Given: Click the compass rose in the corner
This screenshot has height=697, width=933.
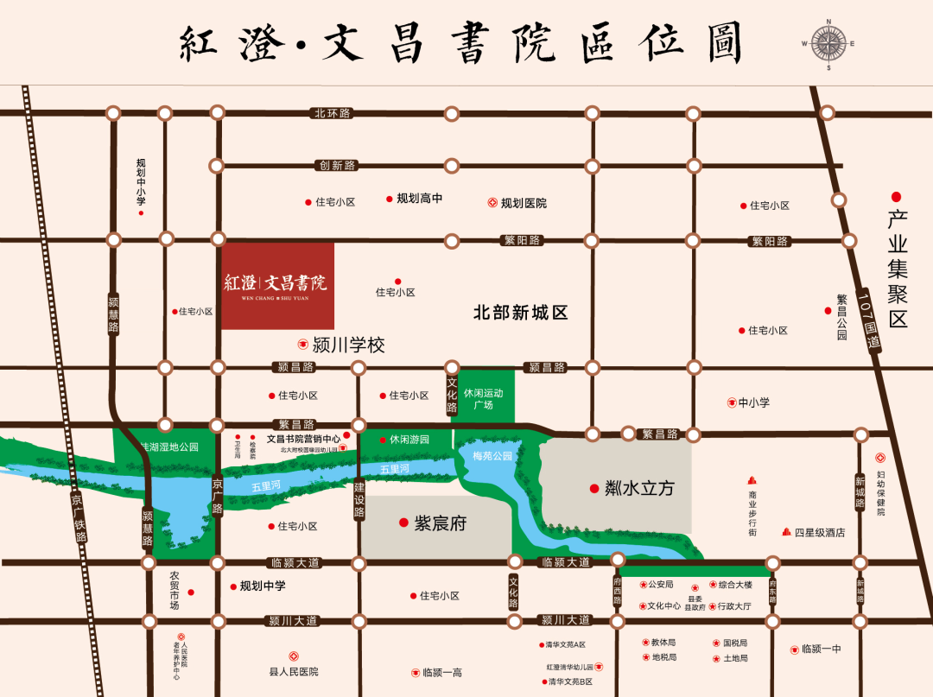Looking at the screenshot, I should click(828, 42).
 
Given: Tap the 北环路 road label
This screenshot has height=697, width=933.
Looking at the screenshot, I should click(333, 113).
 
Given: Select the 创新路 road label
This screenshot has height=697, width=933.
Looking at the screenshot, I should click(337, 165).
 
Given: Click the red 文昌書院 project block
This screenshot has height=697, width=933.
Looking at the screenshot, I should click(277, 285).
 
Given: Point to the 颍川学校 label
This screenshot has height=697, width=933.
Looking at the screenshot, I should click(347, 345).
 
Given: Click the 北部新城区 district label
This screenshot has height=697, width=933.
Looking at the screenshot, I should click(520, 313).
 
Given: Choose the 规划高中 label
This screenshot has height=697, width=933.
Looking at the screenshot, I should click(420, 198).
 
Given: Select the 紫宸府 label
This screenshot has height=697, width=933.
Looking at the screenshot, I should click(440, 523).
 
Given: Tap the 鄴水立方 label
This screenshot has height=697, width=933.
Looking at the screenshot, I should click(638, 489).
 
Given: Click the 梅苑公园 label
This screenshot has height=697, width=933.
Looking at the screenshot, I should click(492, 455).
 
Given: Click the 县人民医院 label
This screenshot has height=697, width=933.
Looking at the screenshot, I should click(294, 671).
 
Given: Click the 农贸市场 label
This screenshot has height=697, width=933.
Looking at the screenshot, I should click(175, 590).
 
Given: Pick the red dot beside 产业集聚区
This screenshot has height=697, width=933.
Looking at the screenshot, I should click(897, 197).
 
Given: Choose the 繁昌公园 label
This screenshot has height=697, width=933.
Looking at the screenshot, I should click(842, 317).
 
